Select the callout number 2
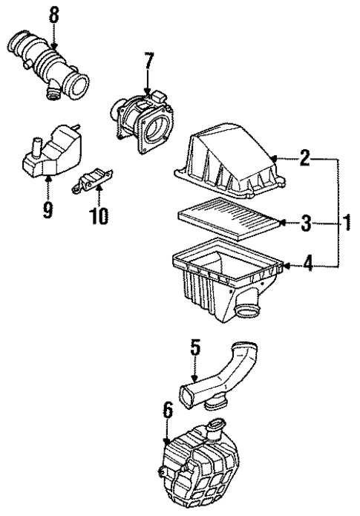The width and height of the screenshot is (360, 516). (x=304, y=158)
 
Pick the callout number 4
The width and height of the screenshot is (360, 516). (x=305, y=262)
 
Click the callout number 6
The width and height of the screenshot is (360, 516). (x=168, y=411)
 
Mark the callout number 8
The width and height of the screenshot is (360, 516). (x=52, y=13)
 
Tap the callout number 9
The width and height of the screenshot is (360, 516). (x=48, y=210)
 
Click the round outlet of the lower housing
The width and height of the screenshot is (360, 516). (x=247, y=310)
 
